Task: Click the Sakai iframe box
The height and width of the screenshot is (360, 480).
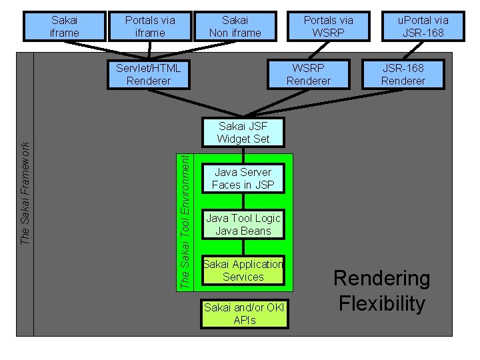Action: (65, 26)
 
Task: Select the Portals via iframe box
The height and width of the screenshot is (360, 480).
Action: (150, 26)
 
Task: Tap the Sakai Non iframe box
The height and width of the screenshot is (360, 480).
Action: (235, 26)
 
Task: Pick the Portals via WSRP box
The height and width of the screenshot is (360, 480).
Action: (329, 26)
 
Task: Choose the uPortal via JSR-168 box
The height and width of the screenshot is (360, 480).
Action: (423, 26)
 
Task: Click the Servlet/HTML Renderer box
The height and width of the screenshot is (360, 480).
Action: (149, 75)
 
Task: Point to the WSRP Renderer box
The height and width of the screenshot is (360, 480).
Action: (309, 75)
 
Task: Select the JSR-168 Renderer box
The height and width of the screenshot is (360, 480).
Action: (403, 75)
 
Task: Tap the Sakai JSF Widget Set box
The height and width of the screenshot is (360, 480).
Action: (243, 132)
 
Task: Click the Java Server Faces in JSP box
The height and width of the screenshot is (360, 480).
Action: (243, 179)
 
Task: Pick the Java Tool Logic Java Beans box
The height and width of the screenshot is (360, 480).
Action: (243, 225)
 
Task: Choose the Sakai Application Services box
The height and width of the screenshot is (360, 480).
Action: (243, 270)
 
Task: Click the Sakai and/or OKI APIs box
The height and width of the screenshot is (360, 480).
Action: (245, 314)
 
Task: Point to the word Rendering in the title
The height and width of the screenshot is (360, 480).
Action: (382, 279)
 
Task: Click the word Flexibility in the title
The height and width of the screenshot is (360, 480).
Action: (382, 304)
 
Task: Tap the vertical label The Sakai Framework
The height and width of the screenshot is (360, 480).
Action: (25, 193)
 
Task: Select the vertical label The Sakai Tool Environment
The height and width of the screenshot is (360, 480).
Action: (185, 222)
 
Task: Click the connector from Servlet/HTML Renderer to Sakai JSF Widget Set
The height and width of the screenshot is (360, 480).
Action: (196, 103)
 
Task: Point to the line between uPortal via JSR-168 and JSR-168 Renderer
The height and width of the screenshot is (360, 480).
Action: (413, 50)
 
